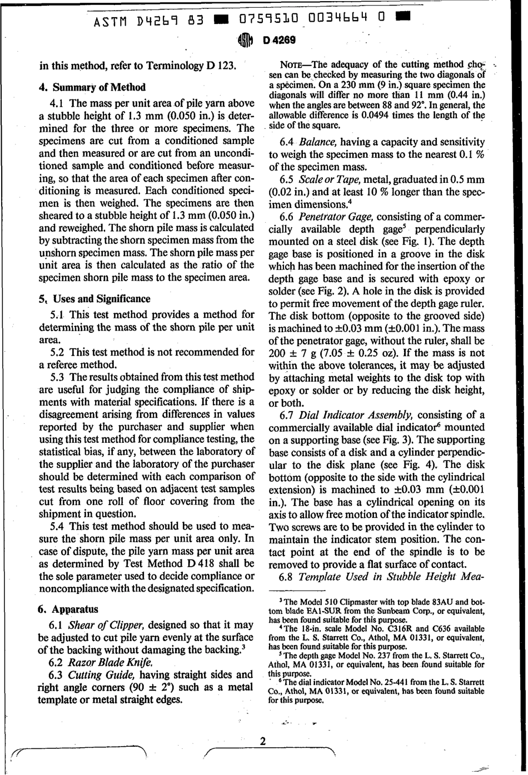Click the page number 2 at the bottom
click(x=263, y=742)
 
